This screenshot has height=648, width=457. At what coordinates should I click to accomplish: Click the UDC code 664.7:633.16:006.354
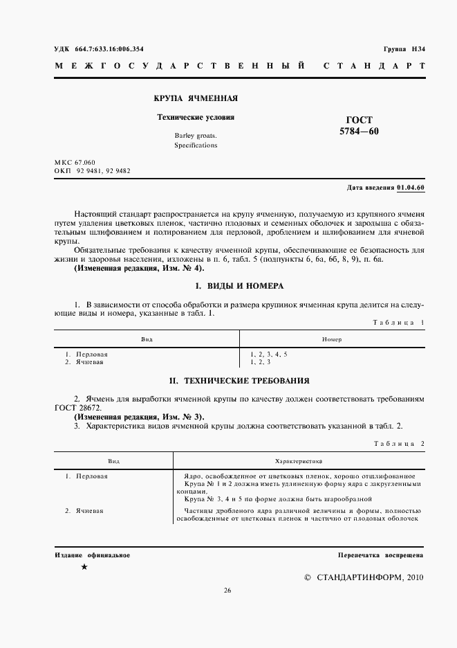point(114,48)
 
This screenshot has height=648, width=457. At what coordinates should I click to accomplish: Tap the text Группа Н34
point(404,48)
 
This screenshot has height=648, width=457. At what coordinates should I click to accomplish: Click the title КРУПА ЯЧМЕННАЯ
point(195,98)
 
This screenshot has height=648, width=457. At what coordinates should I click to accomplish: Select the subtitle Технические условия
point(196,117)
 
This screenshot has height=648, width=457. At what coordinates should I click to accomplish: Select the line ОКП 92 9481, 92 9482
point(92,170)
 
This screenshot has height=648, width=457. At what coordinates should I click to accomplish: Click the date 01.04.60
point(411,188)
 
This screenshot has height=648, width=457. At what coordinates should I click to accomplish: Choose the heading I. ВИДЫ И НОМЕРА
point(239,285)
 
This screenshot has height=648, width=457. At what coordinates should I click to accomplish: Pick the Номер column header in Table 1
point(331,339)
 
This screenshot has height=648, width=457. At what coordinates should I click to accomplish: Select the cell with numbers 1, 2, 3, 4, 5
point(269,354)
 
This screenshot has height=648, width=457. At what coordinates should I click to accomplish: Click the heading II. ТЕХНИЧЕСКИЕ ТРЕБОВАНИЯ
point(239,381)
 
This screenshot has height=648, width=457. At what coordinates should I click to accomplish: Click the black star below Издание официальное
point(84,567)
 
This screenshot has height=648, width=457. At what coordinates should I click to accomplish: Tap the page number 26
point(227,591)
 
